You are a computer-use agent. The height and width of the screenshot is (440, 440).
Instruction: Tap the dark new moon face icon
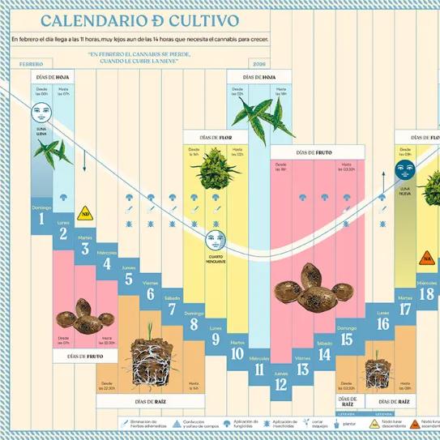[x=405, y=170]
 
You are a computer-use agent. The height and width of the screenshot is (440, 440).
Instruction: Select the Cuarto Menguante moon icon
[x=215, y=239]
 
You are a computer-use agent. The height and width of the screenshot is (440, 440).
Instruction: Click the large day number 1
[x=41, y=218]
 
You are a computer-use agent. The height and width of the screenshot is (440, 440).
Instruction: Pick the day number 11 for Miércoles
[x=259, y=371]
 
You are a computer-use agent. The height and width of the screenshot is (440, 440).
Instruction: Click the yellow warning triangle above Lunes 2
[x=84, y=214]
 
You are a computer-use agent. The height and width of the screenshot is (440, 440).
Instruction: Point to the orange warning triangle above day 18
[x=426, y=258]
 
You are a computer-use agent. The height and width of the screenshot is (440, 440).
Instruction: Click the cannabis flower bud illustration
[x=215, y=171]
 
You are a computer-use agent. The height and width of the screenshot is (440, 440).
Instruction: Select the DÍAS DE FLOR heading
[x=215, y=137]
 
